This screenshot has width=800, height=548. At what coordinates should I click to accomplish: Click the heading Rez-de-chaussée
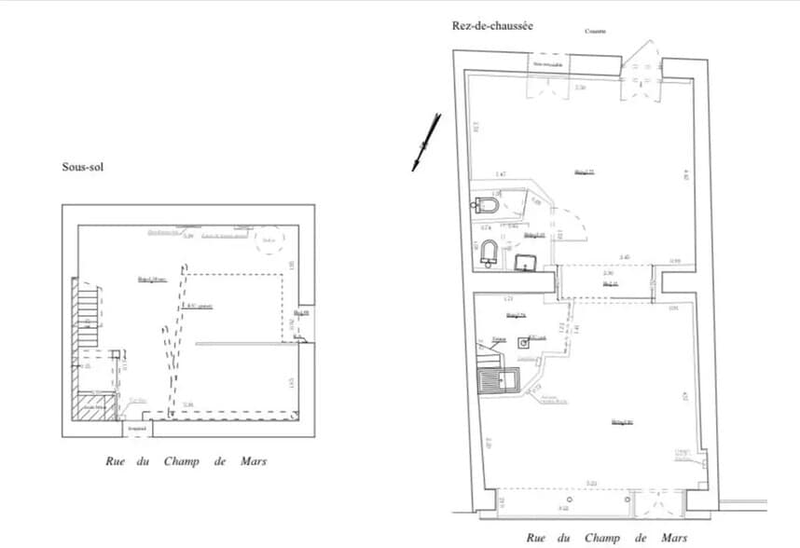pos(492,27)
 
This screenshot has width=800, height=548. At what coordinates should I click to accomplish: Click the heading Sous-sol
pos(82,168)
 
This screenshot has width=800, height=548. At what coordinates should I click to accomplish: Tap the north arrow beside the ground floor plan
pos(426,142)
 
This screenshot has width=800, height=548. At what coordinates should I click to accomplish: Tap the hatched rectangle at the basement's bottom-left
pos(98,409)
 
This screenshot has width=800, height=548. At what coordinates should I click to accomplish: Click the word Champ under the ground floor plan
pos(603,538)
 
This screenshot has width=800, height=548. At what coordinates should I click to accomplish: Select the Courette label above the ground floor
pos(596,32)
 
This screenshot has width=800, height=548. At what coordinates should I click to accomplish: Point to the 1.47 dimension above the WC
pos(501,174)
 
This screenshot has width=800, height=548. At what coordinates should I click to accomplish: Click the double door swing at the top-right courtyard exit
pos(642,65)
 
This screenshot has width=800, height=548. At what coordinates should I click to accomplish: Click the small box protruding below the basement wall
pos(138,428)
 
